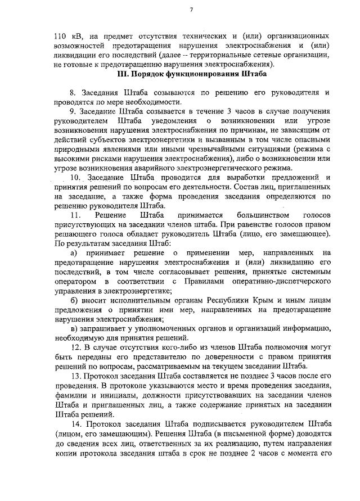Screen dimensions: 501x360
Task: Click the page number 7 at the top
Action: coord(192,10)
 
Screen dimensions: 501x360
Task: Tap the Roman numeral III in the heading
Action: coord(123,73)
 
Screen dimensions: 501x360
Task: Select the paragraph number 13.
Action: coord(75,376)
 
